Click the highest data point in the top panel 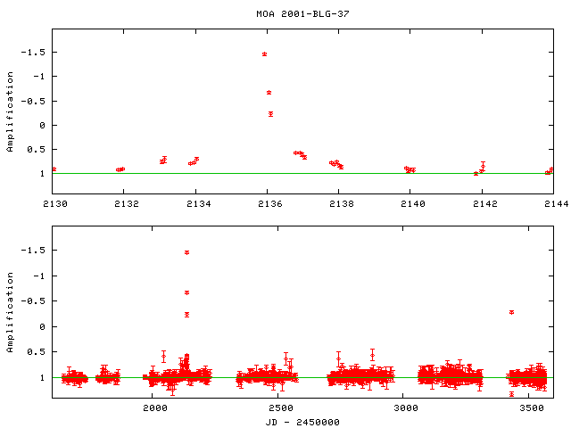[265, 54]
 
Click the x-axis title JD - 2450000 [302, 421]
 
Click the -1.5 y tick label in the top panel [33, 53]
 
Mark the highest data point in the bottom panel [186, 252]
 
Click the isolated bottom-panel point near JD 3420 [511, 312]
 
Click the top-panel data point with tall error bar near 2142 [483, 167]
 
